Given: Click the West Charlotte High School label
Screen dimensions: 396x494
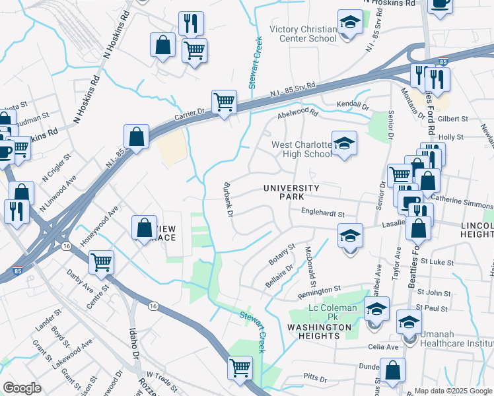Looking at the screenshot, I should click(301, 149).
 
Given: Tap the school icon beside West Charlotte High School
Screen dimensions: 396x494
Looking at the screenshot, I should click(343, 144).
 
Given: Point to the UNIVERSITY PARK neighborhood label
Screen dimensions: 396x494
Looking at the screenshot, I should click(291, 193).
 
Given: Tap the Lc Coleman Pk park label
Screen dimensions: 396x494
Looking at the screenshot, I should click(333, 308).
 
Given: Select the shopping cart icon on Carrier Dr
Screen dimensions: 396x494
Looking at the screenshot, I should click(224, 102).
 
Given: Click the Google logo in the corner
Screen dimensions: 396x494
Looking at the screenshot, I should click(22, 388).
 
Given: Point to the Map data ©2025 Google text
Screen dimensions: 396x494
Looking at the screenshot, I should click(452, 391).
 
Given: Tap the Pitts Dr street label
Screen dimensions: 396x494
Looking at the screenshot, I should click(315, 379).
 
